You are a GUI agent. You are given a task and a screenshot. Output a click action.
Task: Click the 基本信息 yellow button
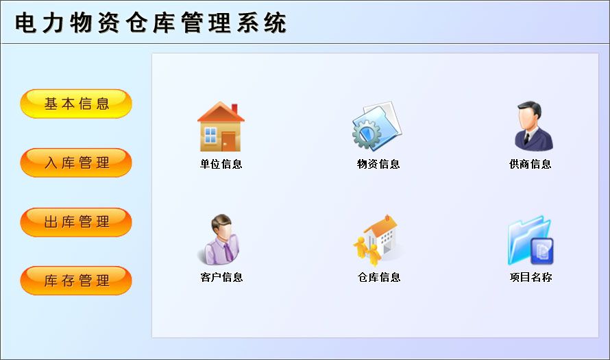click(76, 104)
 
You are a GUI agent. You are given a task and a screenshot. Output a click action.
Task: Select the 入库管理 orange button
click(76, 163)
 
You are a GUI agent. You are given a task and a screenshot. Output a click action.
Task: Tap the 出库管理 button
click(76, 222)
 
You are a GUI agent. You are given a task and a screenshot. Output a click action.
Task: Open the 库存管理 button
click(76, 280)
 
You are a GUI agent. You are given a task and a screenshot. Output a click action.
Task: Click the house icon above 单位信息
click(221, 126)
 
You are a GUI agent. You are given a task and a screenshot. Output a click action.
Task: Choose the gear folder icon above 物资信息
click(377, 126)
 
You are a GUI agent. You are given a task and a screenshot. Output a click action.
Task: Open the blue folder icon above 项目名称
click(530, 241)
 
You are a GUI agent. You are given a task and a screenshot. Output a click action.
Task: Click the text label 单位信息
click(221, 165)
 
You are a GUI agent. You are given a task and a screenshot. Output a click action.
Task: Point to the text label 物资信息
click(378, 165)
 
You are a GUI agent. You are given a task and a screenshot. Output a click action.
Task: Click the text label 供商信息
click(530, 165)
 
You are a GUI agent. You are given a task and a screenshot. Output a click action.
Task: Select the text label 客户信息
click(221, 277)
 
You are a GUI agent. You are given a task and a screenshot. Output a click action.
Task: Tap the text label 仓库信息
click(379, 277)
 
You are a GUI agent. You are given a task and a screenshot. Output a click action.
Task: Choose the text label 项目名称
click(530, 277)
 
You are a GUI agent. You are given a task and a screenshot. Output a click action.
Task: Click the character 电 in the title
click(26, 23)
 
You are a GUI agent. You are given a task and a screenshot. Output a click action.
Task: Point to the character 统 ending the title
click(275, 23)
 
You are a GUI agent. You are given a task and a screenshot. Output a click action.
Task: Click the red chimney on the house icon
click(234, 108)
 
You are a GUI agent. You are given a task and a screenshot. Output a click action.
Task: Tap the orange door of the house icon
click(228, 142)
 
